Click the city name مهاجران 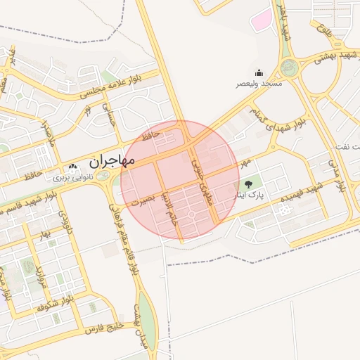pos(103,160)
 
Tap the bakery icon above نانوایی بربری pos(72,167)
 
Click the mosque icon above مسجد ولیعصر pos(259,72)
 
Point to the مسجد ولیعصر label pos(259,84)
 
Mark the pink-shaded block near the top pos(262,20)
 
